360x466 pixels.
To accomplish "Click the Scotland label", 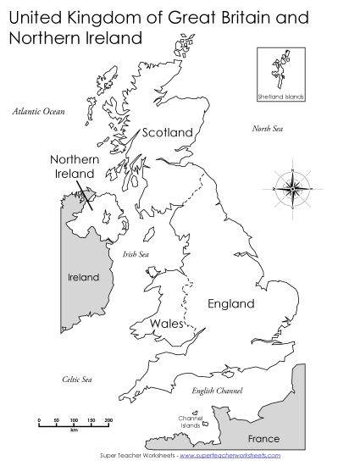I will [168, 132].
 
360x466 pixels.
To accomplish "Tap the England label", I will [231, 303].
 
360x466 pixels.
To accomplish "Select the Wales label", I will [167, 324].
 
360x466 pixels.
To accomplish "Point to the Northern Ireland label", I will [71, 166].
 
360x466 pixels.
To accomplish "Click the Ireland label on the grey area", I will [83, 277].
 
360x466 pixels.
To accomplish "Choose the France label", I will [263, 439].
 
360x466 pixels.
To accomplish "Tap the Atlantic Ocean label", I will [37, 110].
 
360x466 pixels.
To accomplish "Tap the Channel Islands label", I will [190, 421].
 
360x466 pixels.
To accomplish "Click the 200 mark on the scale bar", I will [108, 419].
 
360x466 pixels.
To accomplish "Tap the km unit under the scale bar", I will [75, 430].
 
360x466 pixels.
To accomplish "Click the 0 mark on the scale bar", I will [39, 419].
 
